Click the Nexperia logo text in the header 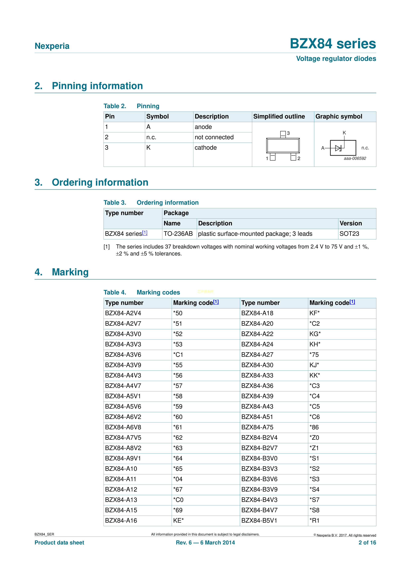point(52,46)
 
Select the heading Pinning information point(97,86)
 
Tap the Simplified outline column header point(279,117)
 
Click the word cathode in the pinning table point(205,148)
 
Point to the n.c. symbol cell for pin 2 point(151,137)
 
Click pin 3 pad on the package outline point(283,134)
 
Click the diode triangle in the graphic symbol point(338,148)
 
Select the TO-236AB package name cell point(178,234)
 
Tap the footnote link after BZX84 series point(145,233)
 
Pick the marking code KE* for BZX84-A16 point(178,521)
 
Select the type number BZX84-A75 point(257,427)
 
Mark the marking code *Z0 point(314,438)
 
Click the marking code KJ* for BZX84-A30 point(314,365)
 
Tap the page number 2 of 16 point(367,543)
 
